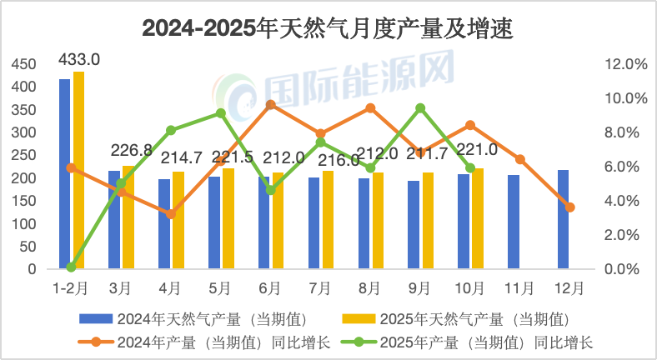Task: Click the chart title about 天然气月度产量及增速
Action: [x=328, y=29]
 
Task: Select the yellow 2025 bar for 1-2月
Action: [x=78, y=171]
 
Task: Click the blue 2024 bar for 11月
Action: [x=514, y=222]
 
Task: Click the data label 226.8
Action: [x=131, y=150]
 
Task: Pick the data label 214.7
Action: [x=180, y=158]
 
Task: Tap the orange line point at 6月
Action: [x=271, y=105]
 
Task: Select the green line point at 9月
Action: [x=420, y=108]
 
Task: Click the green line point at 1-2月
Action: [x=71, y=267]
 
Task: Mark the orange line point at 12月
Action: [x=569, y=207]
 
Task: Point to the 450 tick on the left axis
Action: [x=24, y=64]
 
